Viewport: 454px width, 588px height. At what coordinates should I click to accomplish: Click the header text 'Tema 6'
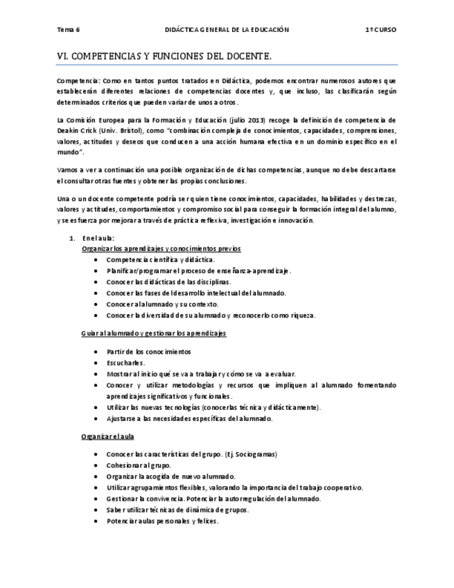pyautogui.click(x=68, y=31)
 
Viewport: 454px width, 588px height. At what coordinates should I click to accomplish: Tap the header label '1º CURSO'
pyautogui.click(x=381, y=31)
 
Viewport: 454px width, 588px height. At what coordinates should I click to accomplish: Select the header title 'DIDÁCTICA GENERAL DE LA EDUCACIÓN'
pyautogui.click(x=226, y=31)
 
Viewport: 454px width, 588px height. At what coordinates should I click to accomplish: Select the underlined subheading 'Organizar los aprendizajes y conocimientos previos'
pyautogui.click(x=161, y=249)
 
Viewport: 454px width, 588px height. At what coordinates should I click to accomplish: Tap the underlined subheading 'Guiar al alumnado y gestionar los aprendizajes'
pyautogui.click(x=153, y=334)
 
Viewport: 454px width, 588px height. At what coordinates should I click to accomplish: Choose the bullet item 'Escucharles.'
pyautogui.click(x=125, y=363)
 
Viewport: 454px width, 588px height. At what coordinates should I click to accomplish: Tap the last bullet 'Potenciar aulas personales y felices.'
pyautogui.click(x=162, y=521)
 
